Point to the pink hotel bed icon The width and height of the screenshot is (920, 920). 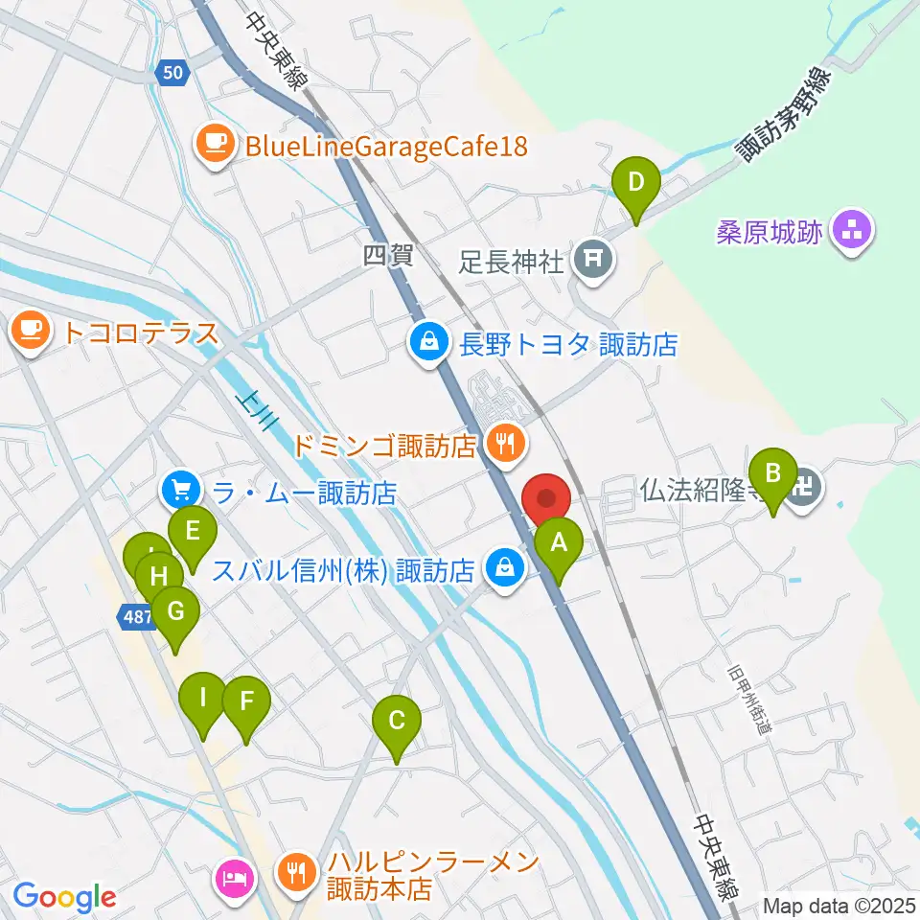(x=236, y=877)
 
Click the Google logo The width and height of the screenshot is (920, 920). (x=64, y=897)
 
